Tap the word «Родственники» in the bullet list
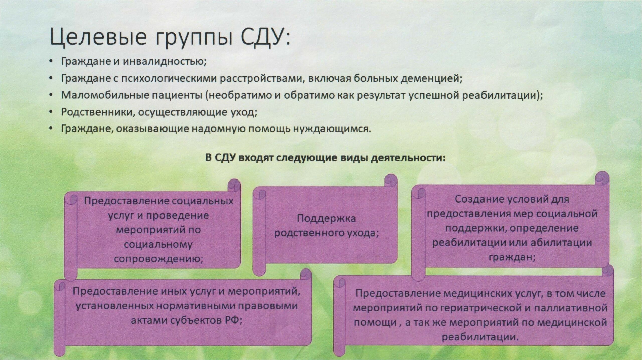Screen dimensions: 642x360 (x=97, y=112)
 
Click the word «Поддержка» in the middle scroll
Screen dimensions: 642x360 (x=326, y=218)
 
